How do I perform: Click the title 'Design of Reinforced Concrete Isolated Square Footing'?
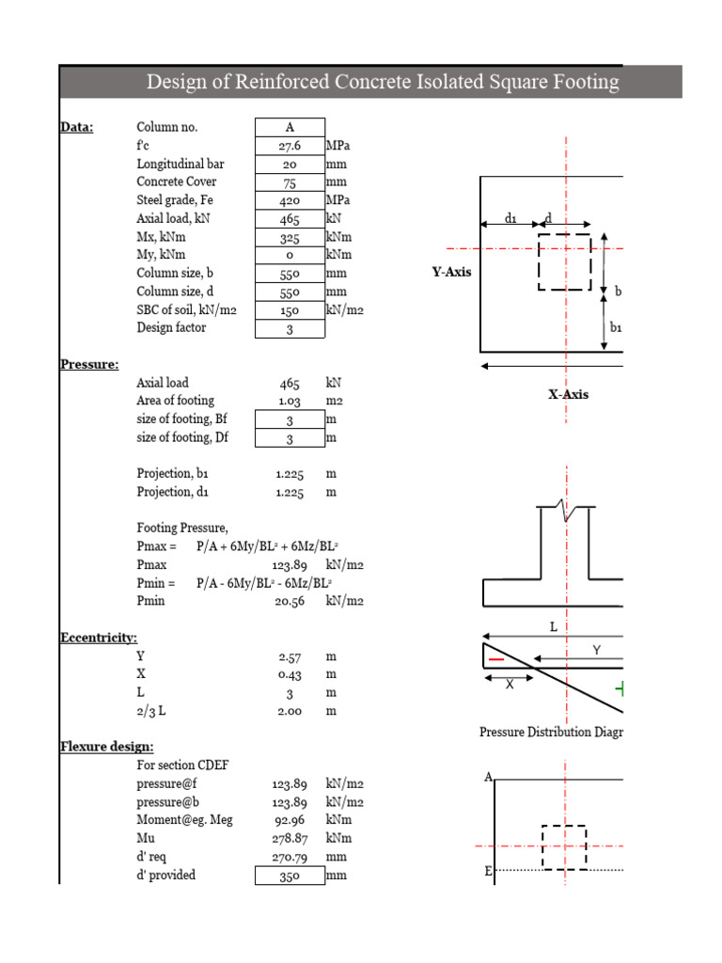pos(383,83)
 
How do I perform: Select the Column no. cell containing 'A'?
pos(290,128)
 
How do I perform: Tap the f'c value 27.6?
pos(290,146)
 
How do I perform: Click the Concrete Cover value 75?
pos(290,182)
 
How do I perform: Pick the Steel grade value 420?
pos(290,200)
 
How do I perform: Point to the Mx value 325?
pos(290,237)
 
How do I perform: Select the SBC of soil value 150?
pos(290,309)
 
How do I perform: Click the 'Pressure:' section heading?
pos(89,364)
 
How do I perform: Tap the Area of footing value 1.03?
pos(289,402)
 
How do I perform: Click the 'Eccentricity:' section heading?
pos(100,638)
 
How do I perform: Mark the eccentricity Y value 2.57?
pos(289,656)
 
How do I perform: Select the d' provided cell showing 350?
pos(290,875)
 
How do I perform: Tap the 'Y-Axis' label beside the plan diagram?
pos(451,273)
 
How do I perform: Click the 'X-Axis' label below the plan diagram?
pos(568,394)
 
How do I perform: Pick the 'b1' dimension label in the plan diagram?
pos(617,327)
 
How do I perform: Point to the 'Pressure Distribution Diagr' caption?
pos(550,732)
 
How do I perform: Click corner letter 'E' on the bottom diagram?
pos(488,872)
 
